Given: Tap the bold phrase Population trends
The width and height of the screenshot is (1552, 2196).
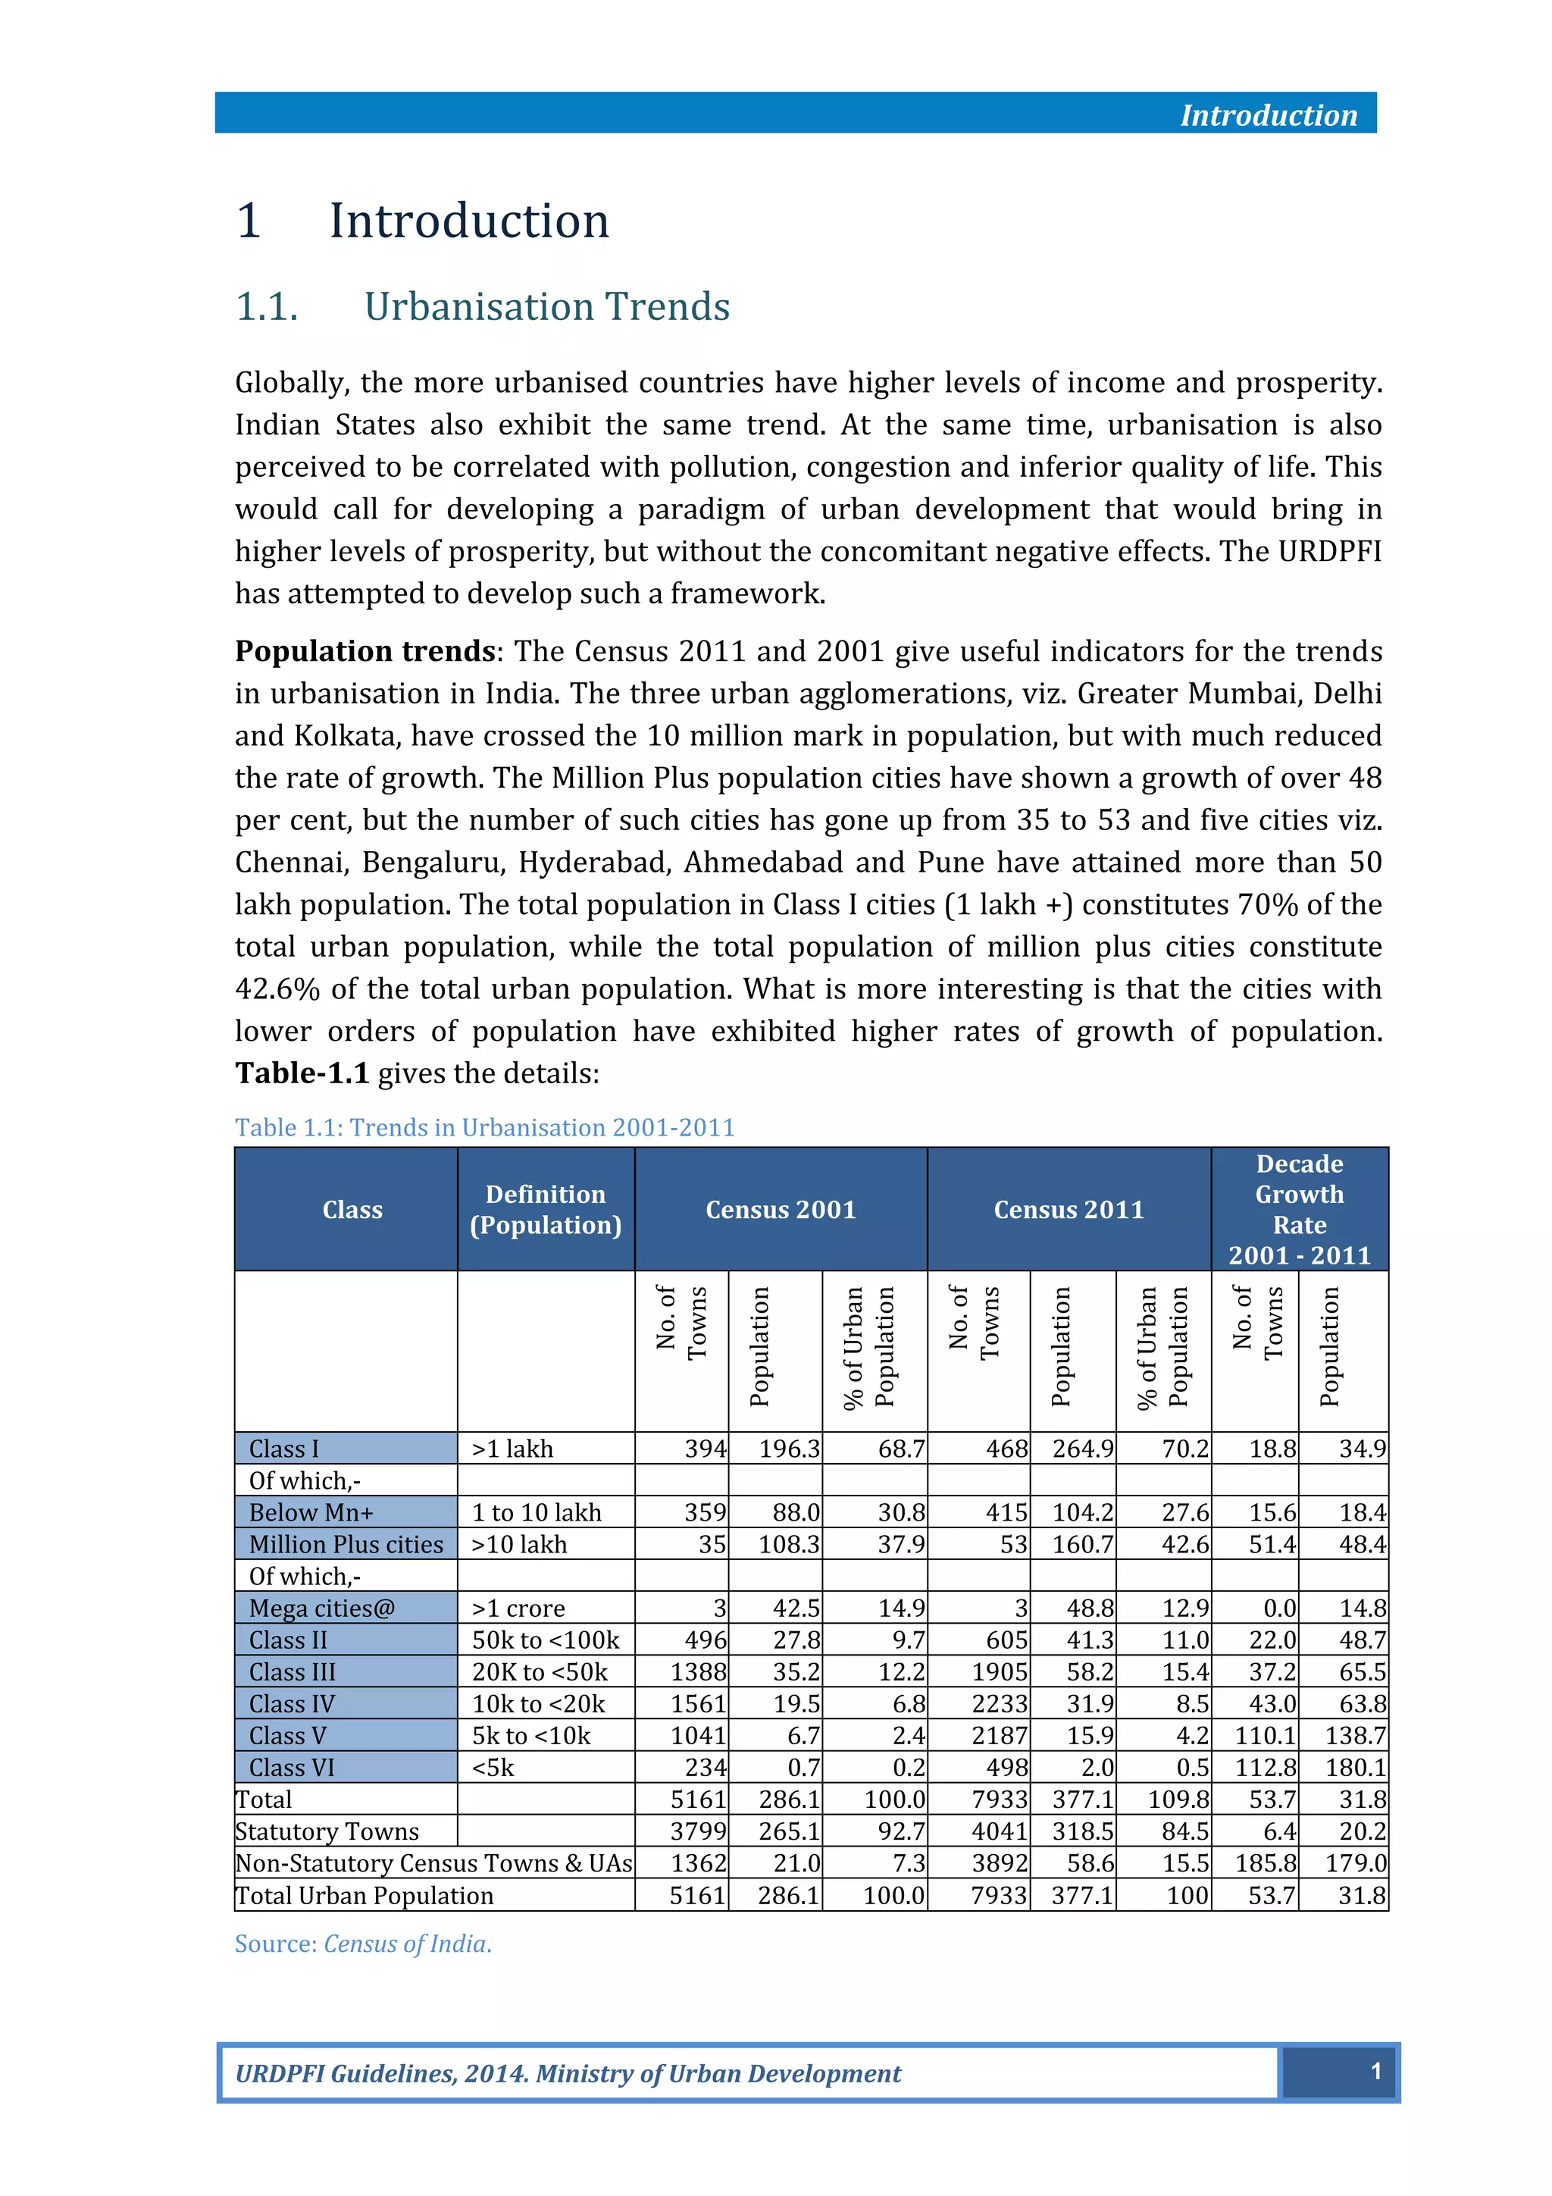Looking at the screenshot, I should click(x=365, y=651).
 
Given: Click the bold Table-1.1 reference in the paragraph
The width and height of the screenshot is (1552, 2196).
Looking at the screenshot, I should click(x=302, y=1073).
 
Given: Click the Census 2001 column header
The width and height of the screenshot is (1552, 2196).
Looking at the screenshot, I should click(x=781, y=1210).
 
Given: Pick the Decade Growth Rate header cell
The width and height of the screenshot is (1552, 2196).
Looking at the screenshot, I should click(x=1299, y=1210).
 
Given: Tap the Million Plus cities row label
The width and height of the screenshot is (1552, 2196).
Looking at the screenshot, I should click(x=346, y=1545).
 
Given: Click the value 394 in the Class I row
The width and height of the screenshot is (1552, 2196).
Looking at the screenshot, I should click(x=705, y=1449).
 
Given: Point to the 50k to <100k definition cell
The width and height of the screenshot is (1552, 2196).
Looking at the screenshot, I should click(x=545, y=1640).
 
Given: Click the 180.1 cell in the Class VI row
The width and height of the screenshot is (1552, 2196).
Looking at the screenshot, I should click(x=1355, y=1768).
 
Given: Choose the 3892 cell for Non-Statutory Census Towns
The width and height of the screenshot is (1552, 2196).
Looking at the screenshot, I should click(x=1000, y=1863).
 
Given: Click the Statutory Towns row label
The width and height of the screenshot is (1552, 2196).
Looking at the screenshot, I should click(x=327, y=1831).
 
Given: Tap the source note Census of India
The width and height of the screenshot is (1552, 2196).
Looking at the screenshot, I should click(x=406, y=1944).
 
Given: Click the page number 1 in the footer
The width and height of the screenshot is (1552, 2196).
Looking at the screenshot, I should click(x=1375, y=2072).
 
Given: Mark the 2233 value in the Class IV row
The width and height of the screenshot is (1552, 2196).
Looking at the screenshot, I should click(x=1000, y=1704).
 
